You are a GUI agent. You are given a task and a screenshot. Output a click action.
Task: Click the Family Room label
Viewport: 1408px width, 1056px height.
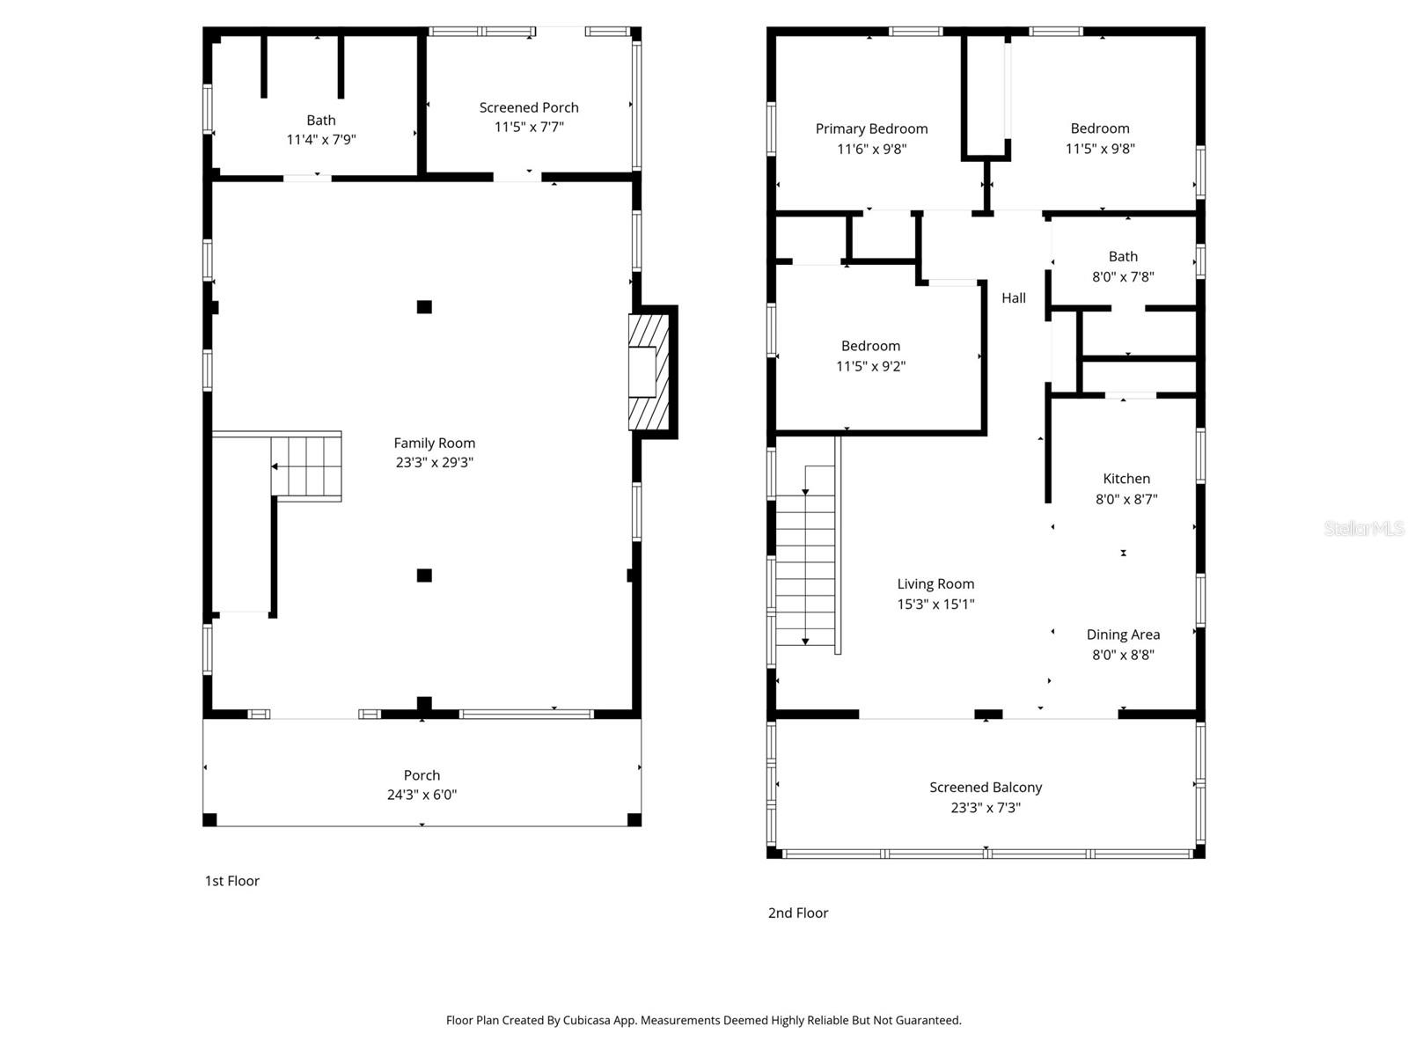click(x=434, y=443)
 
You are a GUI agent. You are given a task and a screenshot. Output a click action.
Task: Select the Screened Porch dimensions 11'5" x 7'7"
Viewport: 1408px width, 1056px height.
click(x=529, y=127)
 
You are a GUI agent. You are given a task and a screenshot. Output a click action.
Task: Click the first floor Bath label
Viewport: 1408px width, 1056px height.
click(x=320, y=120)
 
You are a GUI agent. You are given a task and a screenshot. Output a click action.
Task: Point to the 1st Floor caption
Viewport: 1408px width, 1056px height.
click(x=232, y=881)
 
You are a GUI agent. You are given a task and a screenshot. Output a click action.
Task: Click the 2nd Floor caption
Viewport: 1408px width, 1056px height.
click(x=798, y=913)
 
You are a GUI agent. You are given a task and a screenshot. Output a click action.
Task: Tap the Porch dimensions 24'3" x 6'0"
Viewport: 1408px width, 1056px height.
click(x=422, y=795)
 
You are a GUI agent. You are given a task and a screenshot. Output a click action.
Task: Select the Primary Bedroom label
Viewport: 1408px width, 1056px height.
click(x=871, y=128)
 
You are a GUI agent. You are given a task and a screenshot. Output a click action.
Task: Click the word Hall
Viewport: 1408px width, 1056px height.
click(x=1014, y=298)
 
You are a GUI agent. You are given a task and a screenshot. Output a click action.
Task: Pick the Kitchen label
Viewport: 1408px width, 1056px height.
click(x=1126, y=479)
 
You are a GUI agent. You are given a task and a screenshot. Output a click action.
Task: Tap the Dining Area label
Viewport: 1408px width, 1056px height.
click(x=1123, y=634)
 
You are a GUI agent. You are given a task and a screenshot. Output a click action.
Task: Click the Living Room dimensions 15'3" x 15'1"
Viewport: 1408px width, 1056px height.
click(x=935, y=604)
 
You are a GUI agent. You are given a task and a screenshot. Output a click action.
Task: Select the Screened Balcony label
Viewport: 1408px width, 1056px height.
click(x=986, y=788)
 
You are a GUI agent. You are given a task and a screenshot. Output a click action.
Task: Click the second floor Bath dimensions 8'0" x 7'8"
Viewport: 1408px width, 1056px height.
click(x=1123, y=276)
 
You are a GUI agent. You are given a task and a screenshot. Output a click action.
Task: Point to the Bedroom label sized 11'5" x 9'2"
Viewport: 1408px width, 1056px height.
click(x=870, y=346)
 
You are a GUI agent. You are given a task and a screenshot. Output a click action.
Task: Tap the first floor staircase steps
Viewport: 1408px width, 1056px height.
click(x=305, y=466)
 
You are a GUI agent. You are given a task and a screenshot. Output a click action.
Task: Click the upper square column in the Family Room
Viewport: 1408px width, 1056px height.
click(x=424, y=307)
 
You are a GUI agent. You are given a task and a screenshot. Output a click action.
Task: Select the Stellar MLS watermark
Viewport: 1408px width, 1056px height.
click(x=1364, y=528)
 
